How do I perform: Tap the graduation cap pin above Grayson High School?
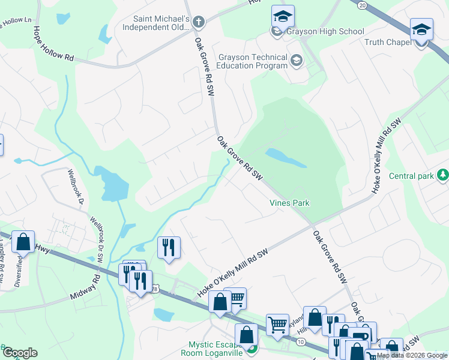(283, 16)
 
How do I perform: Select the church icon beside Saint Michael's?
(199, 22)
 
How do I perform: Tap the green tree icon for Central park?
(443, 175)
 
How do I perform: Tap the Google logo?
(20, 353)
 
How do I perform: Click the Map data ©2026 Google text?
(412, 355)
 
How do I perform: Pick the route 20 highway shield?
(361, 5)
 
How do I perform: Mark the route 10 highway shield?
(300, 340)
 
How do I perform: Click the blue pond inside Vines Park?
(286, 157)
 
